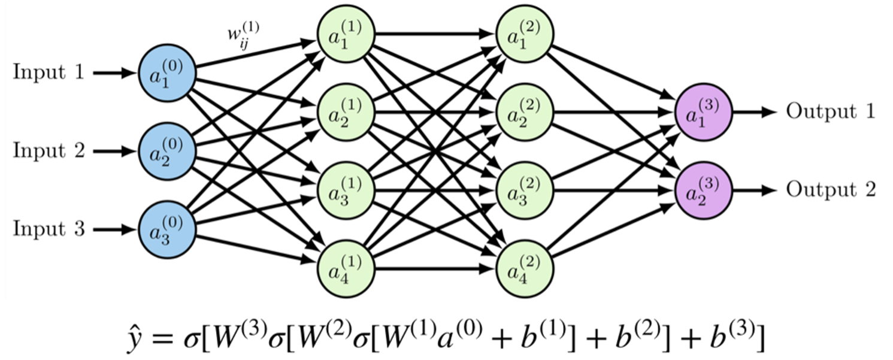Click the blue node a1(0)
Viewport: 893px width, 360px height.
coord(167,73)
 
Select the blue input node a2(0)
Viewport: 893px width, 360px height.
coord(167,152)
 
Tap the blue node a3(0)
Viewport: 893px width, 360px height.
coord(167,229)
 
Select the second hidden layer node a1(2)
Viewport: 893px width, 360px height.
coord(525,34)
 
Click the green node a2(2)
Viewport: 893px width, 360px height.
coord(525,112)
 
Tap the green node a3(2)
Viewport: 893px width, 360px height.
coord(525,190)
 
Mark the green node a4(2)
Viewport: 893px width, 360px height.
coord(525,268)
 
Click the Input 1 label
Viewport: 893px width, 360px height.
coord(49,72)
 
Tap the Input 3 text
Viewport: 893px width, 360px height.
coord(49,229)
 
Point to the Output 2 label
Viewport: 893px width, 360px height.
coord(831,190)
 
